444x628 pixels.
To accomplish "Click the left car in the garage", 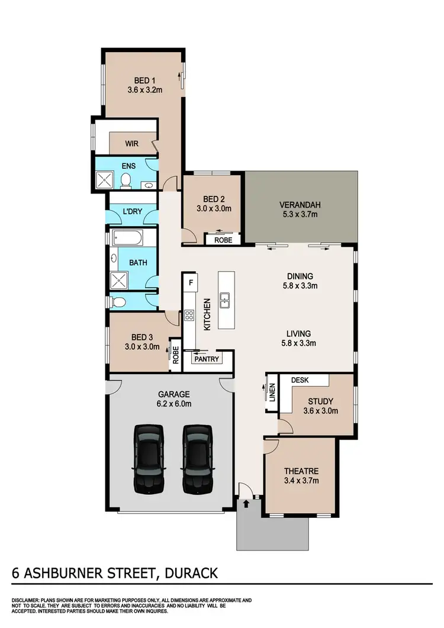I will (x=147, y=459).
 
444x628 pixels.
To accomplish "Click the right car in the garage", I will (x=196, y=459).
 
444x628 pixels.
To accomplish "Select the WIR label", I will (x=131, y=143).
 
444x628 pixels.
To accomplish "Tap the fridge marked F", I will (x=191, y=282).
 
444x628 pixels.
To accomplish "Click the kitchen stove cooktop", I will (x=190, y=315).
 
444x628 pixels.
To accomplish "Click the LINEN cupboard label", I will (x=272, y=392).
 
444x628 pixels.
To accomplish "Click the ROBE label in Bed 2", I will (x=223, y=240).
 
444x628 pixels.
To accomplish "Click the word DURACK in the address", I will (x=188, y=574).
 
